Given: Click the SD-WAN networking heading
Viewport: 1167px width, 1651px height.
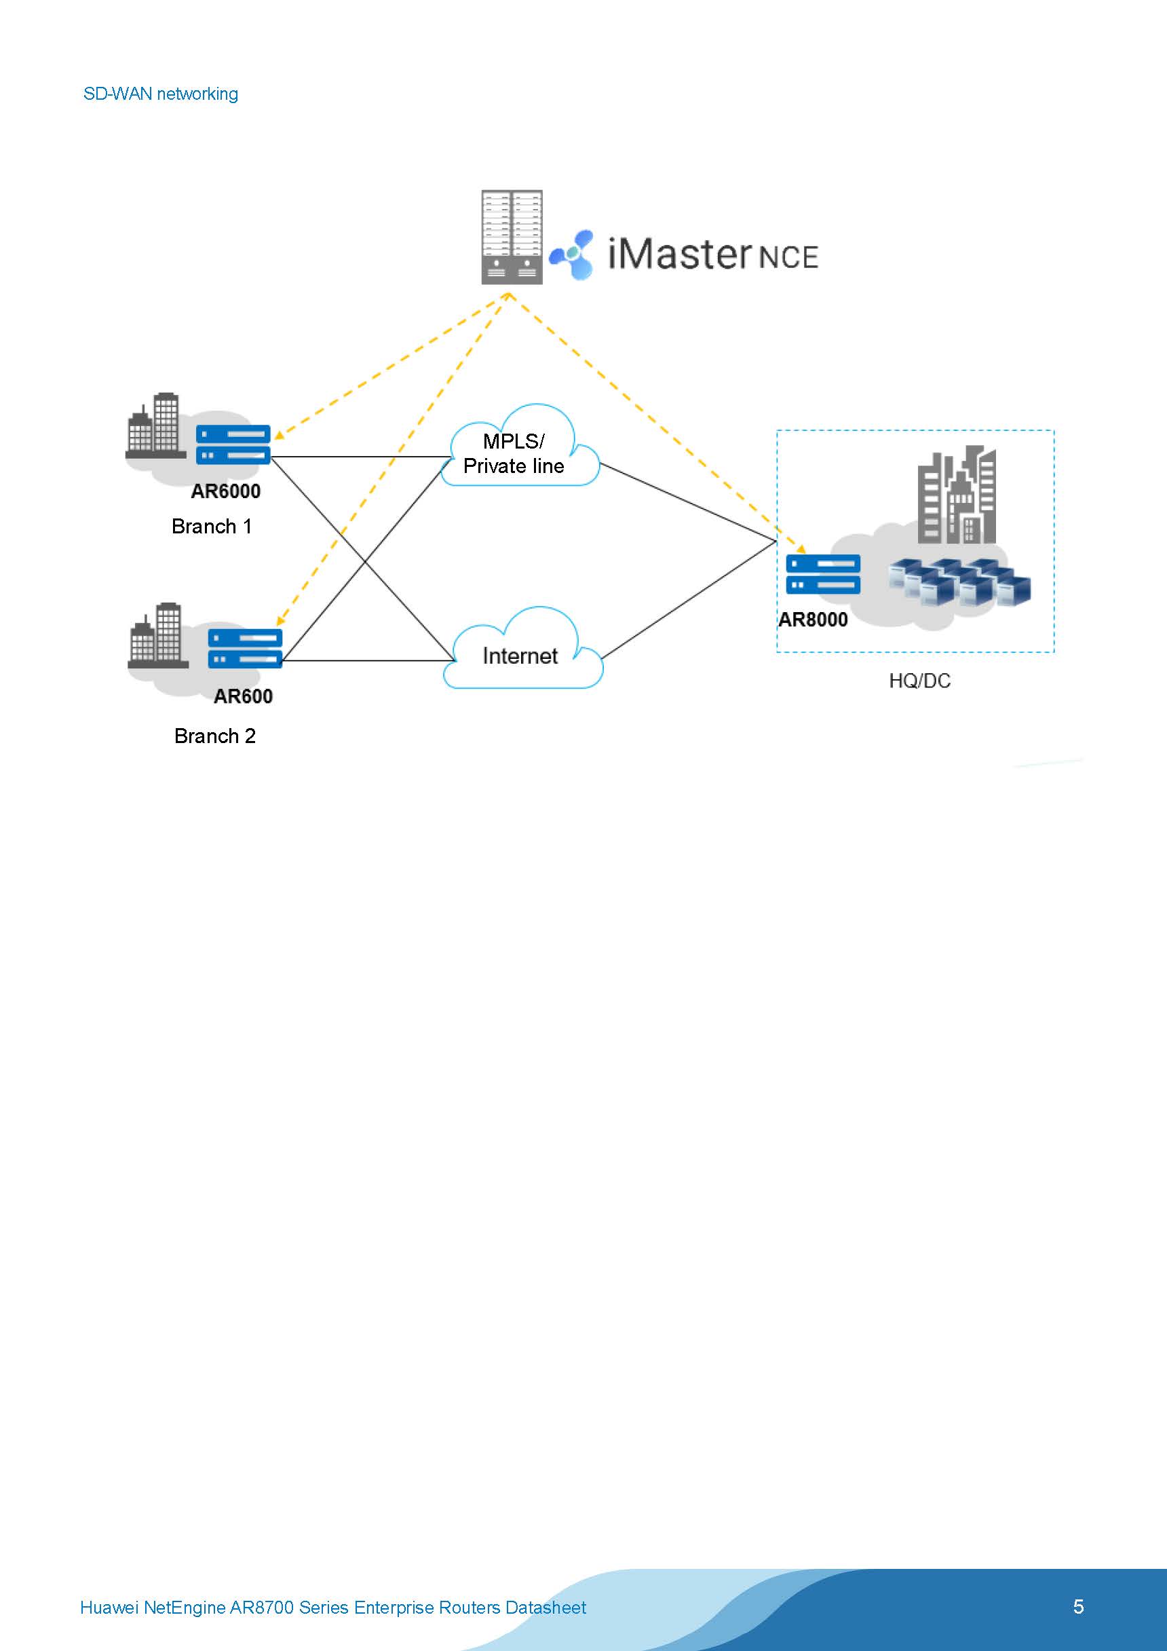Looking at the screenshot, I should pos(160,94).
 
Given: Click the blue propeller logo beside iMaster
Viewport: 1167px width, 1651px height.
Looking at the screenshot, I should pos(573,254).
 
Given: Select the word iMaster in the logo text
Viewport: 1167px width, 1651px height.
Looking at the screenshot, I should pos(678,254).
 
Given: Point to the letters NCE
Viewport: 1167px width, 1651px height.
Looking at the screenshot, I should pos(788,257).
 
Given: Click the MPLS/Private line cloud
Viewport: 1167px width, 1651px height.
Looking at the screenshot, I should pos(519,453).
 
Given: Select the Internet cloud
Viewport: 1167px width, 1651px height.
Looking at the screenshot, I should pos(521,654).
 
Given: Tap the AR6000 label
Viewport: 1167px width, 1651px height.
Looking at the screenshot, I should pos(225,491).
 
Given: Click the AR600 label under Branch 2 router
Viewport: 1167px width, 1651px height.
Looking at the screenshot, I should pos(243,696).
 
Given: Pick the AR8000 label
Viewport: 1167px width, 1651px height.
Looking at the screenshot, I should pos(813,619).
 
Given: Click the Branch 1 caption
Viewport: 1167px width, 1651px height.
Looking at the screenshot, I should pos(212,527).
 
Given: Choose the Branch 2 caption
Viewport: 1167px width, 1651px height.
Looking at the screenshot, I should pos(214,736).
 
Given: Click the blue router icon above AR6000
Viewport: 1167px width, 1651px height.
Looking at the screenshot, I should pos(233,444).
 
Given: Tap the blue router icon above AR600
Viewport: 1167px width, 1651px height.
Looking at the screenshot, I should pos(245,648).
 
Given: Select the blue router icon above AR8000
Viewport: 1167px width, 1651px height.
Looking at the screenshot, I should pos(822,574).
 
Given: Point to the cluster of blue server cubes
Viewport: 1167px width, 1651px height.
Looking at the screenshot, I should pos(959,582).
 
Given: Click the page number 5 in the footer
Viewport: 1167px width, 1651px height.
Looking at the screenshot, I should pos(1078,1606).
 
